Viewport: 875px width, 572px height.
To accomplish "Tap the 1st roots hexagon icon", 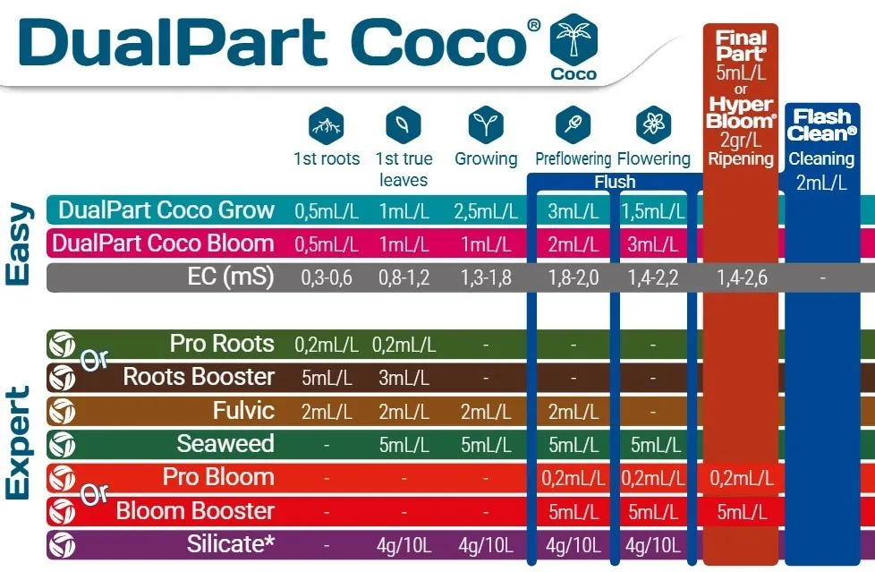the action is (327, 125).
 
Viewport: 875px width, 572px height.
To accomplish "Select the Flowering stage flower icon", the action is (653, 124).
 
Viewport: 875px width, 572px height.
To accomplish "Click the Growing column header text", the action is (486, 158).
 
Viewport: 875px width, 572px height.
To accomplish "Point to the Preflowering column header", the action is (573, 158).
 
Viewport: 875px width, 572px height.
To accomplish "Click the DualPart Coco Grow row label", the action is (166, 210).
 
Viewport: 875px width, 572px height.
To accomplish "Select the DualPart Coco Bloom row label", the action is (164, 243).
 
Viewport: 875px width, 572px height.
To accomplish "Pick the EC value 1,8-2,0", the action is (573, 277).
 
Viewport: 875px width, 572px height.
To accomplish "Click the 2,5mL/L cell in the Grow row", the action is (486, 211).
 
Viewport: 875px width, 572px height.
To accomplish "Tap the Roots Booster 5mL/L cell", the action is (327, 378).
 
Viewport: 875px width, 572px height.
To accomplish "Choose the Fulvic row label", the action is (243, 411).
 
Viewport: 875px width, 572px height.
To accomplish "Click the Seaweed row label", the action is (225, 443).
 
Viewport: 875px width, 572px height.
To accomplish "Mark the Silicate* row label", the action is (231, 544).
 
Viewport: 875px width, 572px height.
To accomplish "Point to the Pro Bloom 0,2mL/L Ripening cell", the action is (741, 478).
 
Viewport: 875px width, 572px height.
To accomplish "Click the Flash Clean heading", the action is (822, 125).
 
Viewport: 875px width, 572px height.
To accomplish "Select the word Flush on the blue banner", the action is (615, 182).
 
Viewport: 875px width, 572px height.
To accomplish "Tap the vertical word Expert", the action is (18, 442).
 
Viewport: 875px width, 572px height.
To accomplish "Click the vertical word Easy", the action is (18, 244).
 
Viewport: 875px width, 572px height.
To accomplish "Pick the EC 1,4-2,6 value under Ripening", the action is (742, 277).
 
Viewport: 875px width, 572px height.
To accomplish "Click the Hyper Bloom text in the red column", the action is (741, 112).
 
